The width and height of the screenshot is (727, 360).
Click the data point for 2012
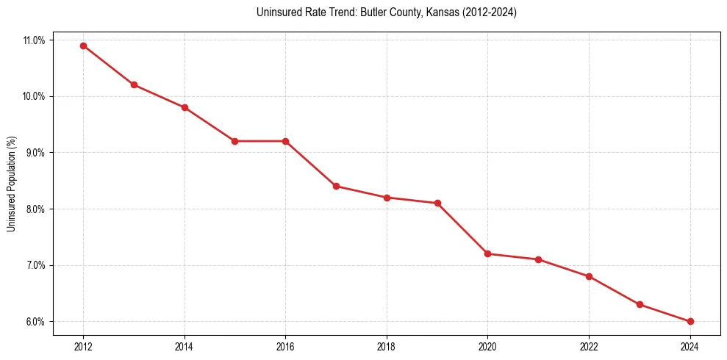(83, 46)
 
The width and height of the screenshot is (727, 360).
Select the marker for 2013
(134, 84)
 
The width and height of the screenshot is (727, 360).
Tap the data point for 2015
(234, 141)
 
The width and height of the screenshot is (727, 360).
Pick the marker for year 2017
(336, 186)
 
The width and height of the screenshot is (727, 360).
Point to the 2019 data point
(437, 203)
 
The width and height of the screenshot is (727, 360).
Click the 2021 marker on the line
(538, 259)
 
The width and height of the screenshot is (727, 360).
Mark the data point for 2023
(640, 304)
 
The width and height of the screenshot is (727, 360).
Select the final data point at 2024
(690, 321)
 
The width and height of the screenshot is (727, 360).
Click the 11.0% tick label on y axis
(34, 40)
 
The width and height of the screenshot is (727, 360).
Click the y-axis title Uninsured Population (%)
(11, 184)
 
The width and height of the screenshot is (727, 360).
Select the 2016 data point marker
(285, 141)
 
